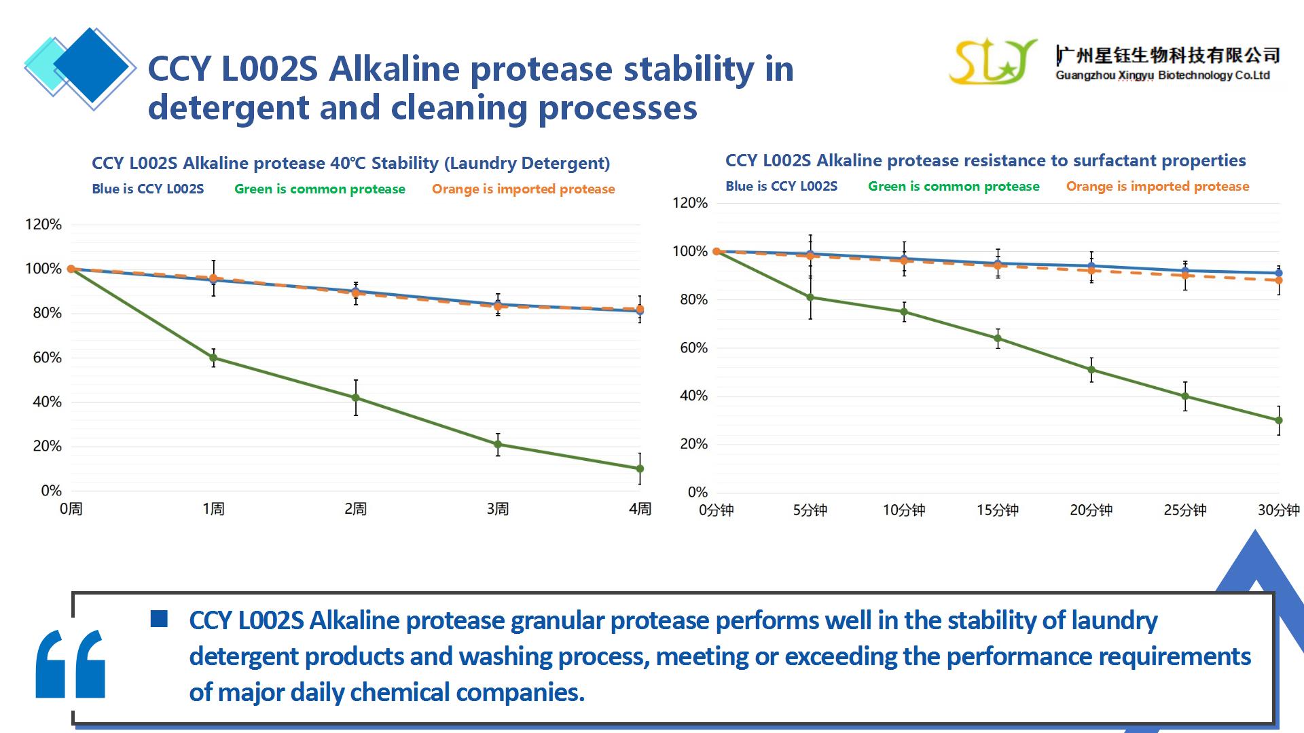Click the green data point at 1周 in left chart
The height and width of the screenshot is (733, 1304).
[213, 358]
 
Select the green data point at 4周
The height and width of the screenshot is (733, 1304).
[640, 469]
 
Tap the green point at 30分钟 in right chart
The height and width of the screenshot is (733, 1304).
[1279, 421]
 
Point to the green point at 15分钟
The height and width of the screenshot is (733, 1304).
[998, 339]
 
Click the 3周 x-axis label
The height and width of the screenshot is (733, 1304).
[497, 509]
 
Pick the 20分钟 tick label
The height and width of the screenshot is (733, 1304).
[1091, 510]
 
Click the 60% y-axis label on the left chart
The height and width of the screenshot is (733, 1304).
[47, 358]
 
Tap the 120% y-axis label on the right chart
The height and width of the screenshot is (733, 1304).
[690, 203]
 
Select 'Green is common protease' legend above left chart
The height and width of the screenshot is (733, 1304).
[320, 189]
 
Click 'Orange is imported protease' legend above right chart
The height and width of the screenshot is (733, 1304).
[1157, 187]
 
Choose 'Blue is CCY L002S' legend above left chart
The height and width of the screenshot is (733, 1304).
[148, 189]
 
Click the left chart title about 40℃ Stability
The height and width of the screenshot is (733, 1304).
[350, 164]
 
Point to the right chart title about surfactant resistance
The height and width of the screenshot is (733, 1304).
[985, 161]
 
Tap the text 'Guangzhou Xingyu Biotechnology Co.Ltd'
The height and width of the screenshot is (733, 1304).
[1162, 76]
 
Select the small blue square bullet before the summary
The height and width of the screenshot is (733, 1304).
[159, 618]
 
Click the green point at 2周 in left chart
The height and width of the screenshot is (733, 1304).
[355, 398]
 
